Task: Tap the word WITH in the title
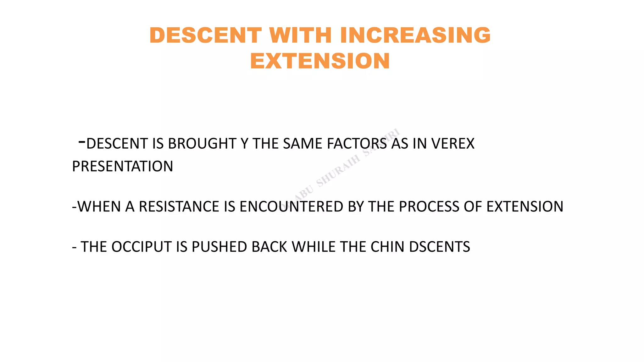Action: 300,35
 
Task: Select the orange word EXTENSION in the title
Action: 320,61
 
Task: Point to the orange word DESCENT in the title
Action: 205,35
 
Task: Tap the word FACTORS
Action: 357,144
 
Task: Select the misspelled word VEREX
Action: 452,144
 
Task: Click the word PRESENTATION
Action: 123,167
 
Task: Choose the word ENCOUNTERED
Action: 291,207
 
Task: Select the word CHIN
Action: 387,247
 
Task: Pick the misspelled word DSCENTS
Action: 439,247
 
